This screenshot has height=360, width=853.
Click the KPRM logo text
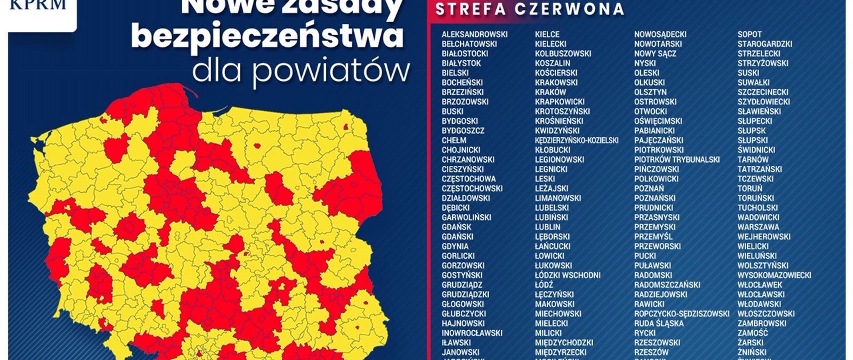(x=38, y=5)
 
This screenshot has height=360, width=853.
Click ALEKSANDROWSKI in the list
(x=474, y=34)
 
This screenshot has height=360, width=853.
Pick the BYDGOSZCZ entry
(x=463, y=131)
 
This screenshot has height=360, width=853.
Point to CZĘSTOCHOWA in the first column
(x=468, y=179)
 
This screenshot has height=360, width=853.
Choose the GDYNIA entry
(x=455, y=246)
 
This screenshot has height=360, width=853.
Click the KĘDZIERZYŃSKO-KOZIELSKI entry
(x=577, y=140)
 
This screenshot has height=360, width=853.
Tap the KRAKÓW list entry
(x=550, y=92)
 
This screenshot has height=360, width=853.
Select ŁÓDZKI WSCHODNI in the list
(x=568, y=275)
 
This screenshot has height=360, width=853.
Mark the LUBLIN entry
(x=548, y=227)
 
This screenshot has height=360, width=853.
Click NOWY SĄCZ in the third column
(x=655, y=53)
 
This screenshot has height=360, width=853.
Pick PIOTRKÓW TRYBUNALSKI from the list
(x=677, y=160)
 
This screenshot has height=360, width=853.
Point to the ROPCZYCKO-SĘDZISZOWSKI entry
(x=682, y=314)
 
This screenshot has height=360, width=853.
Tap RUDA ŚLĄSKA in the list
(x=659, y=324)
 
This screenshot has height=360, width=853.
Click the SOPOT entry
(x=749, y=34)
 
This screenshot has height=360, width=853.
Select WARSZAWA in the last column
(x=758, y=227)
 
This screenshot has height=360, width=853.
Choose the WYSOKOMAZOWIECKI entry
(x=774, y=275)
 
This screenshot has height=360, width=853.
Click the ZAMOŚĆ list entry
(x=753, y=333)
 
